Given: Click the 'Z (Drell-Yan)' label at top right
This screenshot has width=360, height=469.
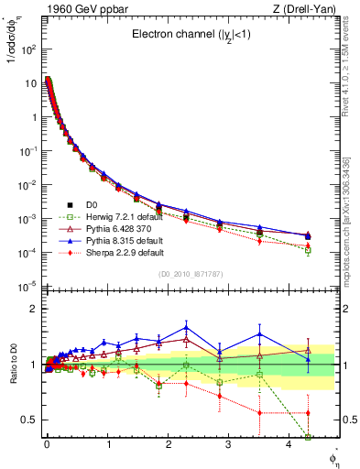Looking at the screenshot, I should (x=305, y=9).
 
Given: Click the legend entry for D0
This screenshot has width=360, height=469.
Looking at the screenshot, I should (x=93, y=204).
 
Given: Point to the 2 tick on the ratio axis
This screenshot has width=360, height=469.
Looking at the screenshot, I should (x=35, y=309).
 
